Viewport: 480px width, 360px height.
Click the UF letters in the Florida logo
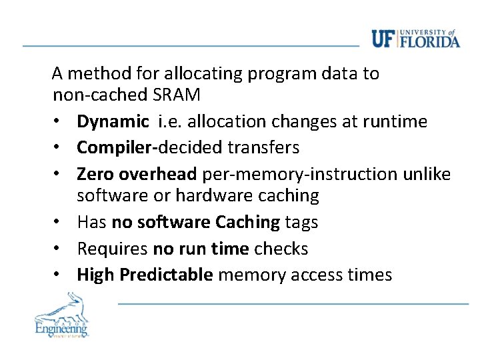383,39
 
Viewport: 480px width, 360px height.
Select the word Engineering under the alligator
61,328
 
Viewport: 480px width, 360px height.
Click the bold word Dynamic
113,121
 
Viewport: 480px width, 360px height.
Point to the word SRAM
176,95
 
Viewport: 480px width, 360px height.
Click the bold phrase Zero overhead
137,174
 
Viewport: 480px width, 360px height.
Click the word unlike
427,174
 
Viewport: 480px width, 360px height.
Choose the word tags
301,222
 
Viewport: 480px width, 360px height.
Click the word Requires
112,249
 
